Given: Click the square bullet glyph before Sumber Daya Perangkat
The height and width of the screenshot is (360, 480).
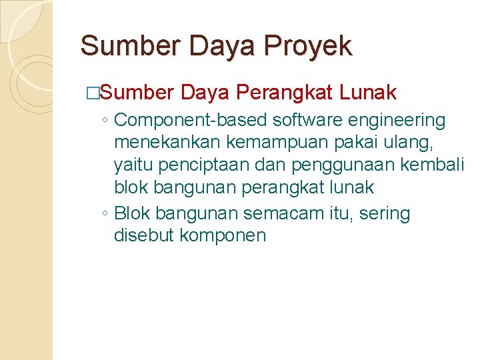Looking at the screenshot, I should click(93, 92).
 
